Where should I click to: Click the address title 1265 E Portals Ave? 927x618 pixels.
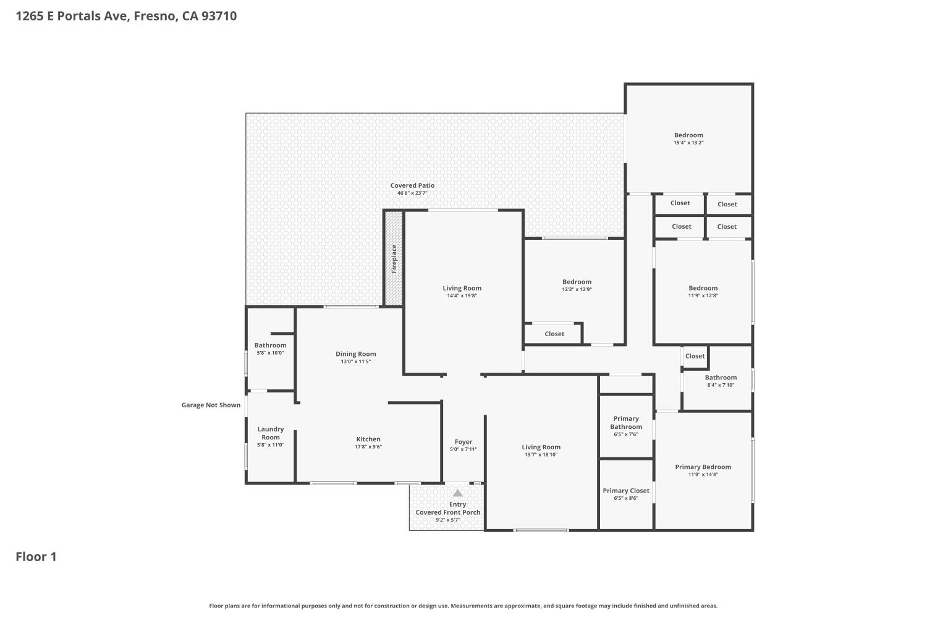click(126, 16)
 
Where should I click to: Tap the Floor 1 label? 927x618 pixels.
click(36, 557)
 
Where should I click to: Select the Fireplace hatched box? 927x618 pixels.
click(394, 258)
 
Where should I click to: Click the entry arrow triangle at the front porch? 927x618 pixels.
click(457, 493)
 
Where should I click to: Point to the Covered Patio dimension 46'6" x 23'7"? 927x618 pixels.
click(412, 193)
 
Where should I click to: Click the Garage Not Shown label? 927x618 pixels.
click(211, 405)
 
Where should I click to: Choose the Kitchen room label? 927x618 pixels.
click(368, 439)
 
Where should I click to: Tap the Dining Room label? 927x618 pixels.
click(356, 354)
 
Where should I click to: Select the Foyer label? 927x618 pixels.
click(463, 442)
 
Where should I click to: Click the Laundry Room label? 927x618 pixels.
click(271, 433)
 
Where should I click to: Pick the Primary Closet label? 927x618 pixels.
click(626, 491)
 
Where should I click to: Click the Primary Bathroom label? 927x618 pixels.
click(626, 423)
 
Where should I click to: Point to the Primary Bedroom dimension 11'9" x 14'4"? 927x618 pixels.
click(703, 475)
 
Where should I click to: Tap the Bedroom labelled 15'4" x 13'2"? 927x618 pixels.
click(688, 135)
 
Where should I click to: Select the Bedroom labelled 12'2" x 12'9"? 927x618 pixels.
click(577, 282)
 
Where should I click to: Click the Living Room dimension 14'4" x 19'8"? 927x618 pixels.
click(462, 296)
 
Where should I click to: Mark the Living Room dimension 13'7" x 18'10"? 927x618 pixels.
click(541, 455)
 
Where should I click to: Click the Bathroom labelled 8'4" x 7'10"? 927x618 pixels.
click(721, 378)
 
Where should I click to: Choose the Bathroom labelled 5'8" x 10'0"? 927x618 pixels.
click(271, 345)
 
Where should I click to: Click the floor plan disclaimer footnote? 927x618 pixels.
click(463, 606)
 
